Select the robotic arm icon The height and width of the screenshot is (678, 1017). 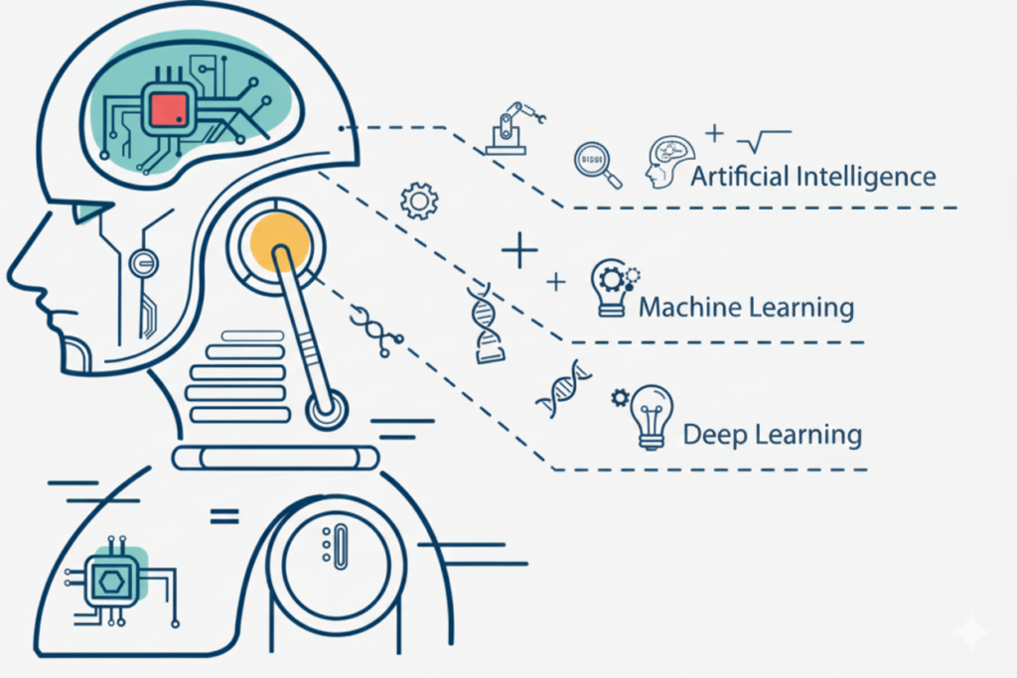(510, 128)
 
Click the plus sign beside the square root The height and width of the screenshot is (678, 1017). (712, 131)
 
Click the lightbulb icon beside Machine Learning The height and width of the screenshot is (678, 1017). (610, 289)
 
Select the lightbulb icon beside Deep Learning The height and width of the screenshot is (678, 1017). (653, 416)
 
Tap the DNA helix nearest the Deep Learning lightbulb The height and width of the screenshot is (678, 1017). (563, 388)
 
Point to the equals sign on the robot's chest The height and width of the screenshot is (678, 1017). (224, 516)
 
